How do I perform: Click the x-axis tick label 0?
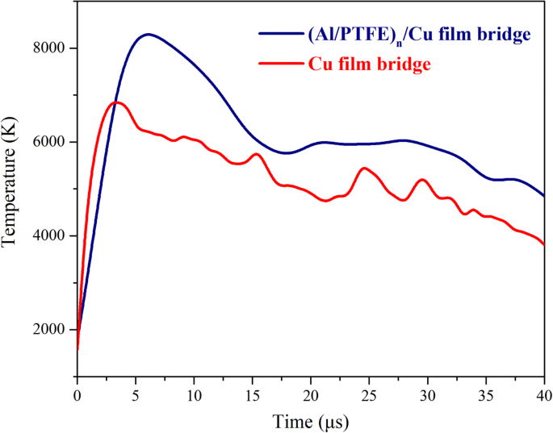[x=77, y=396]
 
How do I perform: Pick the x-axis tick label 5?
[x=136, y=396]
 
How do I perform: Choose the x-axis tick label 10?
[x=194, y=396]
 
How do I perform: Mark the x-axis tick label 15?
[x=253, y=396]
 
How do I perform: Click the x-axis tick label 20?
[x=311, y=396]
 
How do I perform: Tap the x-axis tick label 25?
[x=370, y=396]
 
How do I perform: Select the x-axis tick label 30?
[x=428, y=396]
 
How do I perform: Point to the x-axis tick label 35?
[x=487, y=396]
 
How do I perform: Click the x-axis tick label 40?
[x=544, y=396]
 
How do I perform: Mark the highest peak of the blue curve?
[x=148, y=34]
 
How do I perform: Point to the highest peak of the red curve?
[x=116, y=102]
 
